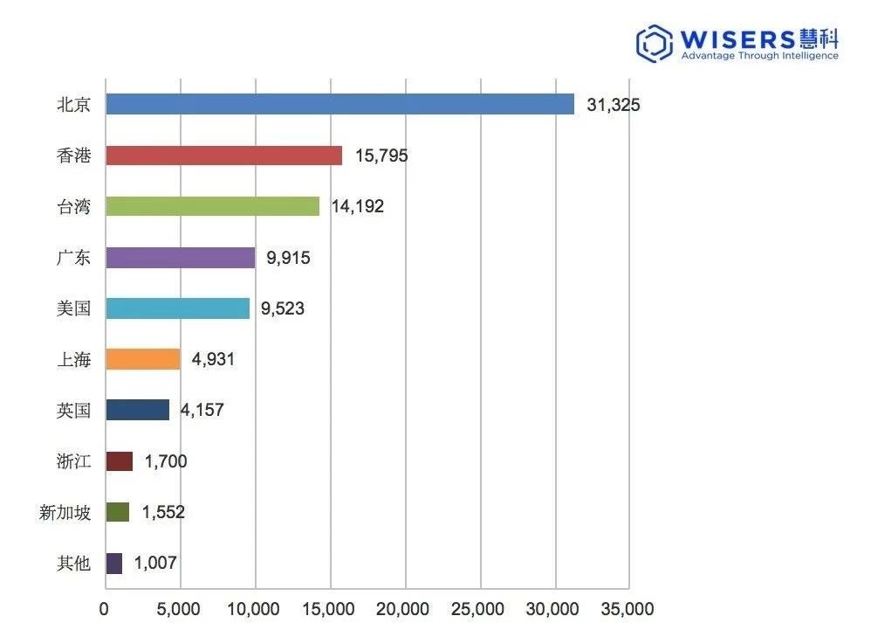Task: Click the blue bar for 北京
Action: click(x=339, y=104)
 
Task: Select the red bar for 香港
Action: click(x=223, y=156)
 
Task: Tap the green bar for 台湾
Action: click(x=212, y=206)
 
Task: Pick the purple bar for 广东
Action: click(x=180, y=258)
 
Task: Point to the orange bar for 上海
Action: click(x=142, y=359)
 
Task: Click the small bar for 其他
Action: click(x=113, y=564)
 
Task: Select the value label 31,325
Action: click(x=614, y=105)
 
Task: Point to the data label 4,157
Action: click(x=202, y=410)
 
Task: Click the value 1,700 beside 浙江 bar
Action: click(x=166, y=461)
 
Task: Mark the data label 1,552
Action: click(x=162, y=512)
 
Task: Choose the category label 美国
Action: click(x=73, y=308)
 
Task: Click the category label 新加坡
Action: click(x=65, y=512)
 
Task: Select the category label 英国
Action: click(x=73, y=410)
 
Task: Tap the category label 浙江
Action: click(x=73, y=461)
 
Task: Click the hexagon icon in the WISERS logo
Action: click(x=654, y=44)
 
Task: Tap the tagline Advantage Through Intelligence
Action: click(x=758, y=56)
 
